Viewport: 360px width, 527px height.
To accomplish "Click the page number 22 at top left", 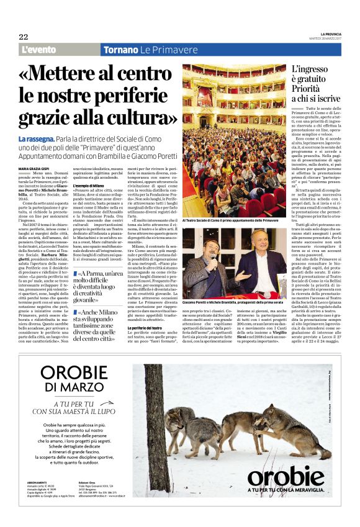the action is coord(24,37).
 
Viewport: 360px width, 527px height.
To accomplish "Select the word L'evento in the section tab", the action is coord(39,50).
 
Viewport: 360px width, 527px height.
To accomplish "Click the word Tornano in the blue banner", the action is coord(120,50).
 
